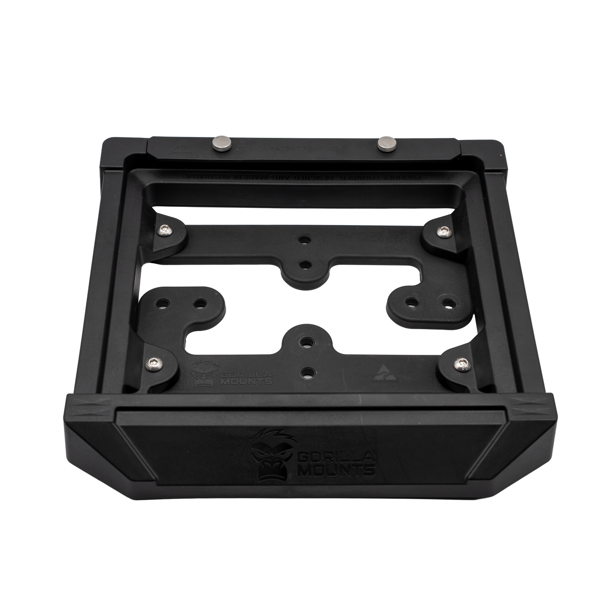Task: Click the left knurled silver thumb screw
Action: pyautogui.click(x=220, y=140)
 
